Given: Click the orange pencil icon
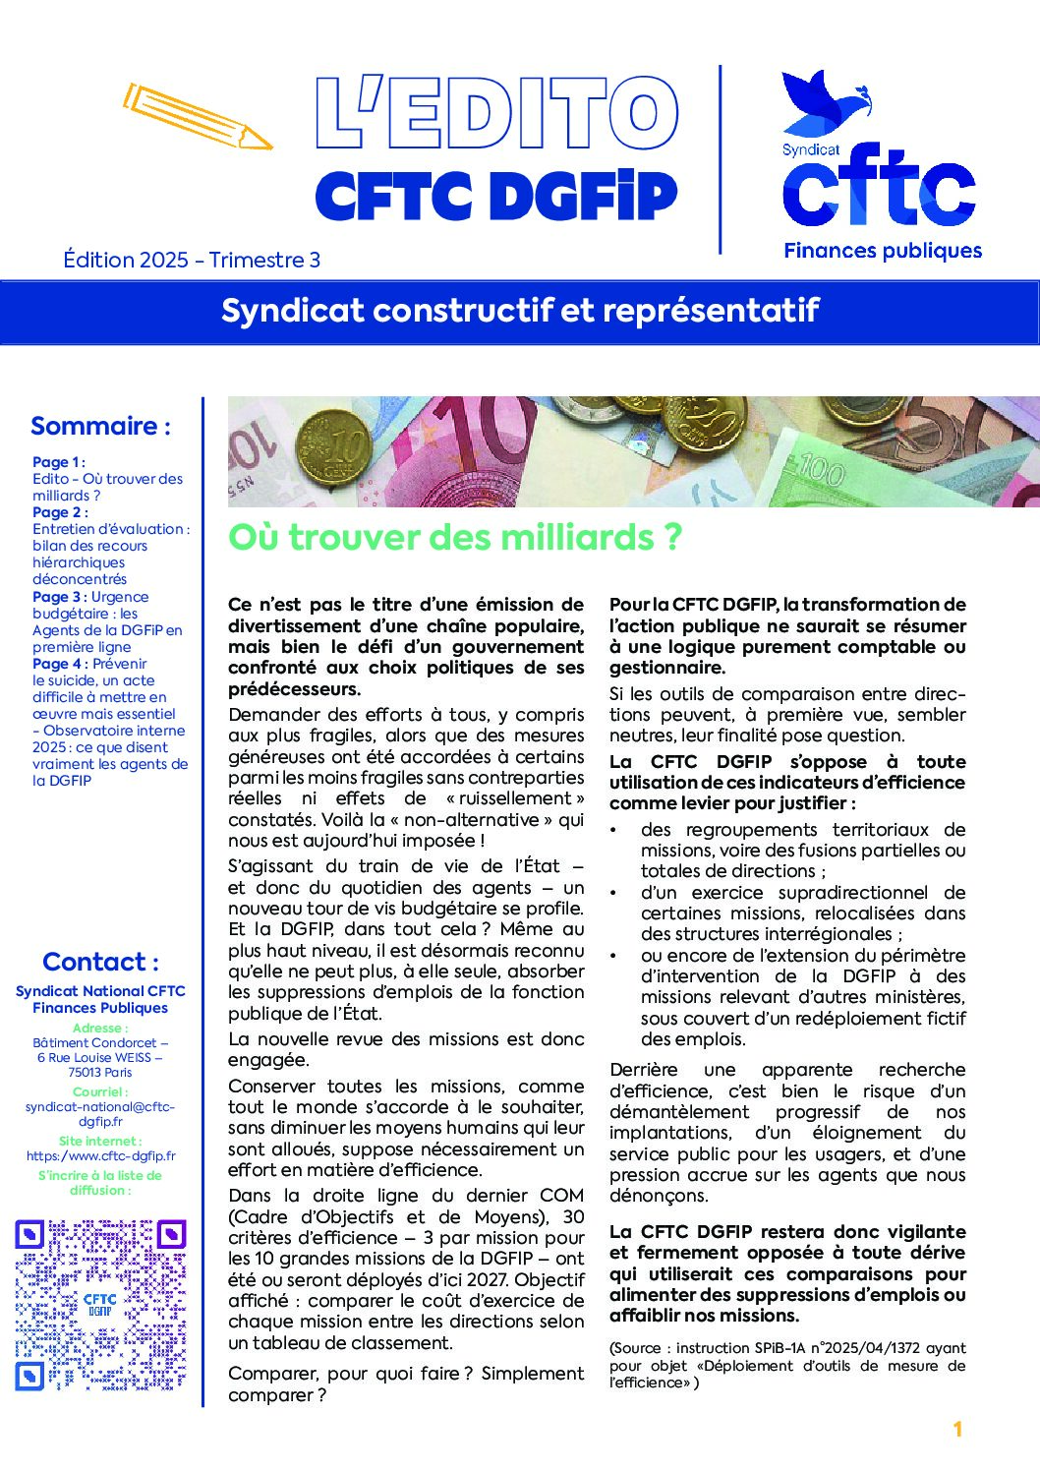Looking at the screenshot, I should point(198,117).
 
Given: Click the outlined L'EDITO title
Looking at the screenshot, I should point(496,114).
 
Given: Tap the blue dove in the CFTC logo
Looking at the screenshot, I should point(824,102).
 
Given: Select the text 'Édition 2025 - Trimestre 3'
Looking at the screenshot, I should point(192,260).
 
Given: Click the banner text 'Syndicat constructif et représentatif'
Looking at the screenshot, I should point(520,311).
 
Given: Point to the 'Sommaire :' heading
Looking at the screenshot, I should point(100,426).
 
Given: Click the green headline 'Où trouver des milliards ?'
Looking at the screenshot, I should point(455,537).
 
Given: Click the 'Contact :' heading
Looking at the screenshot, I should point(100,962).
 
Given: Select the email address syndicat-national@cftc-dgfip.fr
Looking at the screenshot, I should point(100,1114).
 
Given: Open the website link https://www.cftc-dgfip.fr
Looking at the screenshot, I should point(101,1156).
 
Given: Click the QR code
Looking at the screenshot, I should point(100,1305).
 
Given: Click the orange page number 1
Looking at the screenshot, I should point(957,1430).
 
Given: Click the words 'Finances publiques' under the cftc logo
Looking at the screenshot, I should point(883,251).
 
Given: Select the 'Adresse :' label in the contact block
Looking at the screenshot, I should point(100,1028).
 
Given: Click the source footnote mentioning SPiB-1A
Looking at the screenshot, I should point(787,1365).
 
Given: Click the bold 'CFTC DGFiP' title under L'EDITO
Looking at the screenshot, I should point(496,197).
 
